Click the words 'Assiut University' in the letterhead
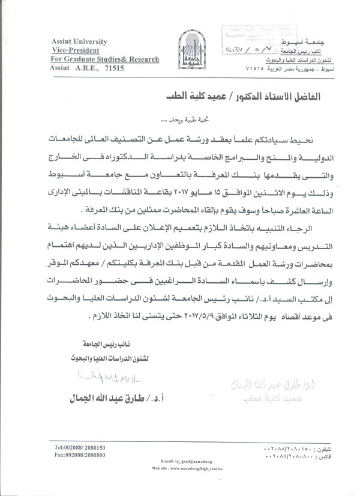point(79,42)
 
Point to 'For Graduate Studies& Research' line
point(106,59)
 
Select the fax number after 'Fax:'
point(88,456)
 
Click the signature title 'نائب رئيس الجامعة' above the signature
point(99,345)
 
